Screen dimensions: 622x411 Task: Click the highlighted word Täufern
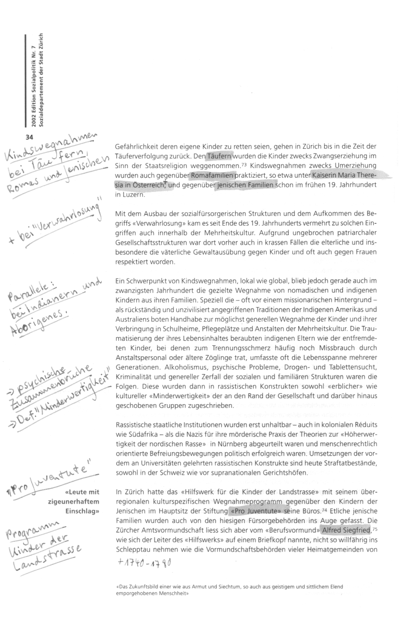pos(220,156)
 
